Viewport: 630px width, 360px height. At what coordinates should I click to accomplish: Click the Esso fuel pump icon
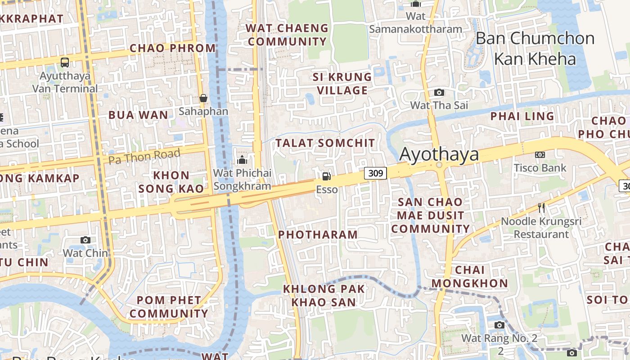pyautogui.click(x=326, y=176)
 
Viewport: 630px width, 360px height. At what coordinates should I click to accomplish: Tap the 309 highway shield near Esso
pyautogui.click(x=375, y=173)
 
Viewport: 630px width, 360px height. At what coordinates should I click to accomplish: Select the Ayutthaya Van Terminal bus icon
pyautogui.click(x=65, y=62)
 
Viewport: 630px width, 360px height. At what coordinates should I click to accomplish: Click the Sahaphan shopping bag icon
pyautogui.click(x=203, y=98)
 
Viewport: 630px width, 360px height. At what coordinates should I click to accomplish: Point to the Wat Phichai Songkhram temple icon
pyautogui.click(x=242, y=160)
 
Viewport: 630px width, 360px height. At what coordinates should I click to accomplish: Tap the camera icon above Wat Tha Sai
pyautogui.click(x=439, y=93)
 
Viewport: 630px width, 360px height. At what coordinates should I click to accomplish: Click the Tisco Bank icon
pyautogui.click(x=540, y=155)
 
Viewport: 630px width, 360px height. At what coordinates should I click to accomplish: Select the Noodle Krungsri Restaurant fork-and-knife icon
pyautogui.click(x=541, y=208)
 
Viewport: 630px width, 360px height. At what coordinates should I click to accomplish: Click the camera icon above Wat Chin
pyautogui.click(x=85, y=240)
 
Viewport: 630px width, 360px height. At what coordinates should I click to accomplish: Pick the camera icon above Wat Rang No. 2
pyautogui.click(x=499, y=325)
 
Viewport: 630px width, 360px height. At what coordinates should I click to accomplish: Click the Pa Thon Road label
pyautogui.click(x=144, y=156)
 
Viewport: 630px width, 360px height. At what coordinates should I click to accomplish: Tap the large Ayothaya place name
pyautogui.click(x=439, y=154)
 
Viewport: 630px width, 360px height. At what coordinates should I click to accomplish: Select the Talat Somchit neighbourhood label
pyautogui.click(x=325, y=143)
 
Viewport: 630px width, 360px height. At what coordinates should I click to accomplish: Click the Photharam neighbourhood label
pyautogui.click(x=318, y=234)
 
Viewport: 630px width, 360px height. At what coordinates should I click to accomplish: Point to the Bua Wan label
pyautogui.click(x=138, y=115)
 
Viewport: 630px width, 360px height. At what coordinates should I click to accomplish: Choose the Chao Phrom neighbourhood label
pyautogui.click(x=173, y=48)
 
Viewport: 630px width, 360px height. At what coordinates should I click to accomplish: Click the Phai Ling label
pyautogui.click(x=522, y=116)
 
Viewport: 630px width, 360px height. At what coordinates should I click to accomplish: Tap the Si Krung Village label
pyautogui.click(x=342, y=84)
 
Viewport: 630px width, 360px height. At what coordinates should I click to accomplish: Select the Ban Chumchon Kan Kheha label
pyautogui.click(x=535, y=49)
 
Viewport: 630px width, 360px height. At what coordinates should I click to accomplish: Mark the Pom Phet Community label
pyautogui.click(x=169, y=307)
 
